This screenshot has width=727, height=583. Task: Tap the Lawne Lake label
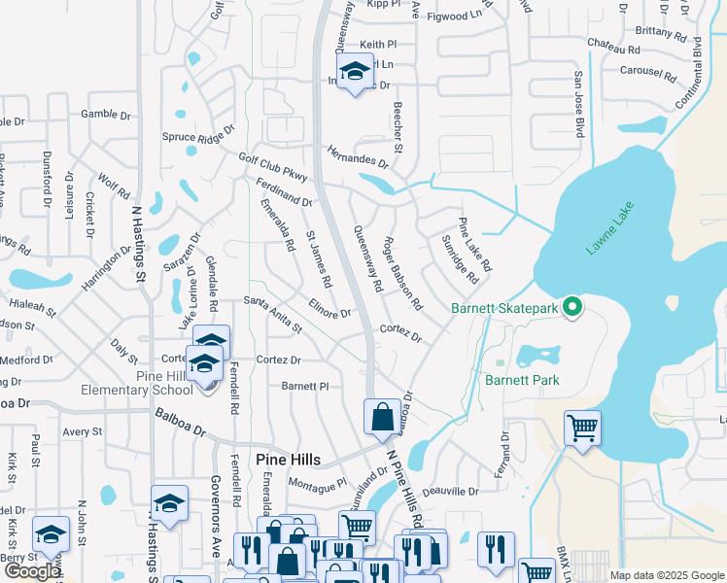coord(609,228)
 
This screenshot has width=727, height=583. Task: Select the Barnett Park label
coord(522,380)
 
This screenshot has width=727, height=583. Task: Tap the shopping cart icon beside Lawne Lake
coord(581,428)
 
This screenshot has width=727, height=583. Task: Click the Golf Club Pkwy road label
coord(273,168)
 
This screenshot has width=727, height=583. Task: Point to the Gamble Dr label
coord(106,115)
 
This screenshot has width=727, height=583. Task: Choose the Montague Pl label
coord(317,483)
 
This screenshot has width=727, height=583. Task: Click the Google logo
coord(32,571)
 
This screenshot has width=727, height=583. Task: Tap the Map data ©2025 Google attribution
coord(667,575)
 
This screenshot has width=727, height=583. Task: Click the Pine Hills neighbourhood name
coord(288,459)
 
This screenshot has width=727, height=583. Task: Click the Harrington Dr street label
coord(107,267)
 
